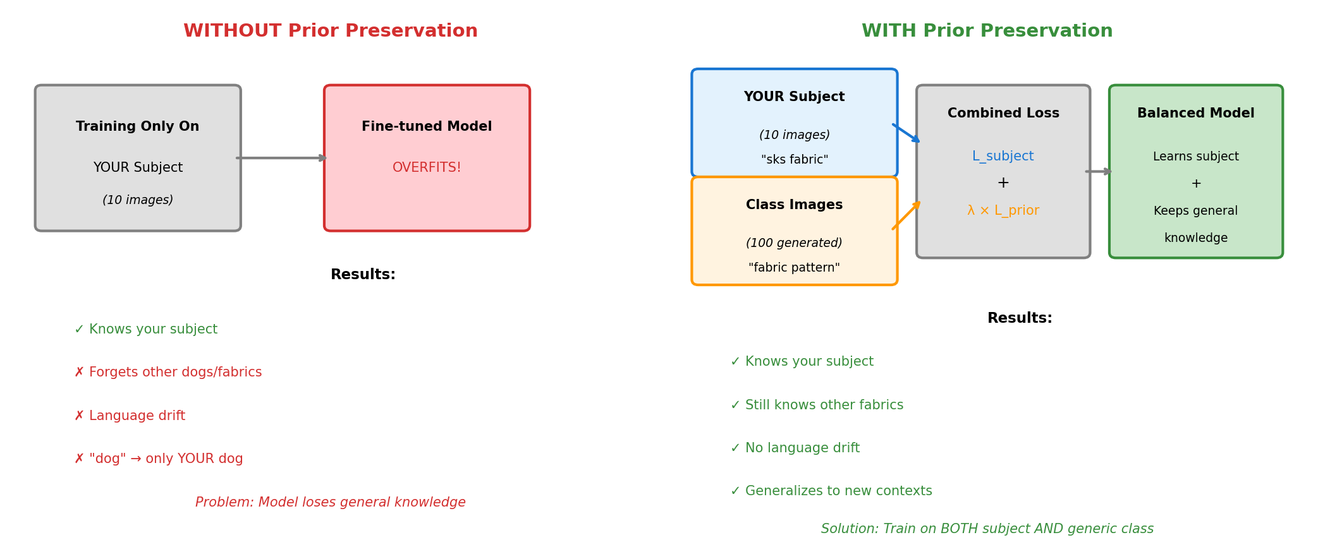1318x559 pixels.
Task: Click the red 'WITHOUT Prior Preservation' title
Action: click(x=330, y=31)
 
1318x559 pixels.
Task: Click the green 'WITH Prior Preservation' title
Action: click(x=987, y=31)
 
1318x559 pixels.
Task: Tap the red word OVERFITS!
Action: click(x=427, y=167)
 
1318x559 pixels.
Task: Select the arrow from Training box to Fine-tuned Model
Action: click(x=281, y=158)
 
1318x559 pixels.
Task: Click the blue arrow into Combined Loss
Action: click(x=906, y=133)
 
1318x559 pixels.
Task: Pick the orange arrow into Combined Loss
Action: click(x=906, y=215)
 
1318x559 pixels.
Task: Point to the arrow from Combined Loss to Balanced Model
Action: click(x=1099, y=171)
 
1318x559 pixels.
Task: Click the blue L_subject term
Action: click(x=1003, y=156)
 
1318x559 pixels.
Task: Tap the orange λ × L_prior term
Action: click(x=1003, y=210)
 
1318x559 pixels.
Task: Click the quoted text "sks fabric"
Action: click(x=794, y=160)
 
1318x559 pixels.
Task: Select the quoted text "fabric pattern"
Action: click(x=794, y=268)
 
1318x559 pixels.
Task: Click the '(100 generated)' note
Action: click(x=794, y=243)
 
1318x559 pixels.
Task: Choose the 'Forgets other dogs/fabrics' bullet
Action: click(x=168, y=373)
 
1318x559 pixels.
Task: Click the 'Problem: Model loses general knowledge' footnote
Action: click(x=330, y=502)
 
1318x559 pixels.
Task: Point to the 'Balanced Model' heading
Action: click(x=1195, y=113)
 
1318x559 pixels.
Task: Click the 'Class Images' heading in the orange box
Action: click(x=794, y=205)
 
